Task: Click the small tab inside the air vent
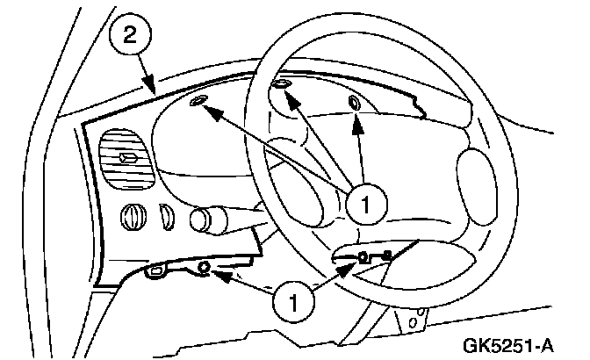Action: tap(127, 158)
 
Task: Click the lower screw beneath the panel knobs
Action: tap(204, 267)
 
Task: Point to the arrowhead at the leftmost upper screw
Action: tap(216, 112)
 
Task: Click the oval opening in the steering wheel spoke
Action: tap(474, 177)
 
